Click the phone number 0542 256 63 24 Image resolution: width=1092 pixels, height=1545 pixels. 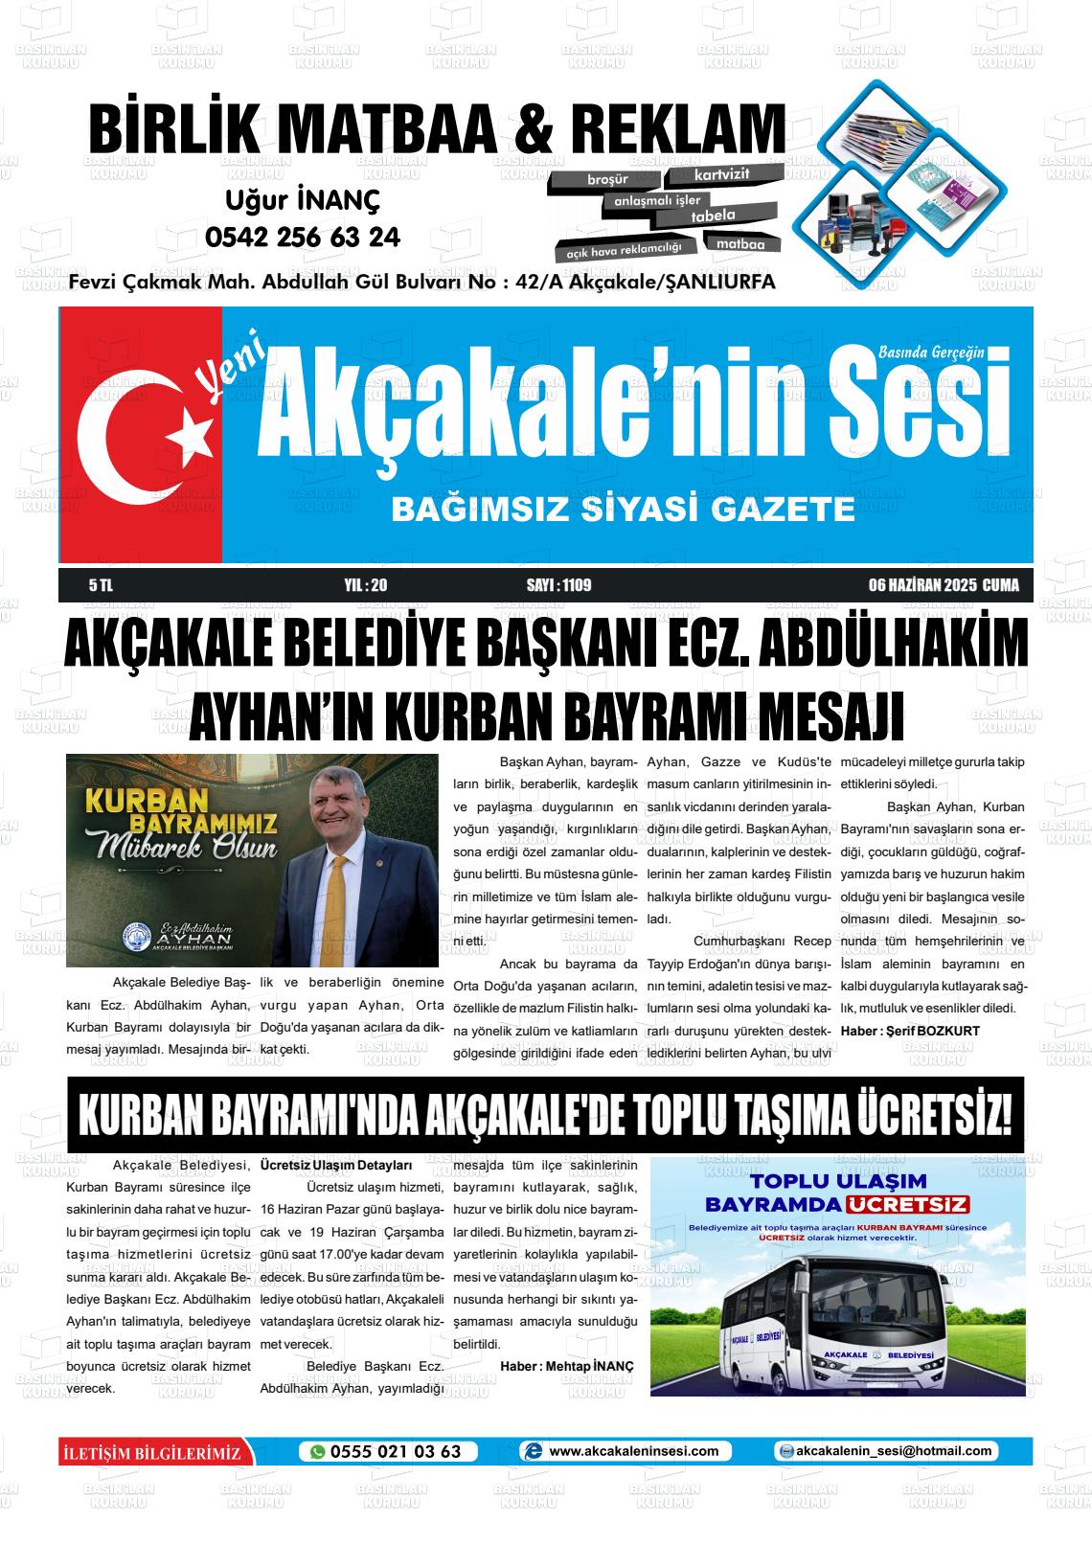click(303, 237)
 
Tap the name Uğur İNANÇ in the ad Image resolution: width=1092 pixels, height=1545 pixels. click(303, 200)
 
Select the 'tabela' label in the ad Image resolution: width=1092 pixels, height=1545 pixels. click(713, 216)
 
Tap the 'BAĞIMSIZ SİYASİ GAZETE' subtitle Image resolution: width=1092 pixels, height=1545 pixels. click(623, 509)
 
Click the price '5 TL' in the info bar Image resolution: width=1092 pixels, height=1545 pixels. click(101, 585)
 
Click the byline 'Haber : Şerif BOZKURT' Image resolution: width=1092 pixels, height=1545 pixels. click(909, 1031)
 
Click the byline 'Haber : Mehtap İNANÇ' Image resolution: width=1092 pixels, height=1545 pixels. click(566, 1366)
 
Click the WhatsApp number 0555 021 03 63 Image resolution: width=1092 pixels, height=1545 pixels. click(395, 1451)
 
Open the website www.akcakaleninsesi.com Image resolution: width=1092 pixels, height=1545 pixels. click(633, 1451)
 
